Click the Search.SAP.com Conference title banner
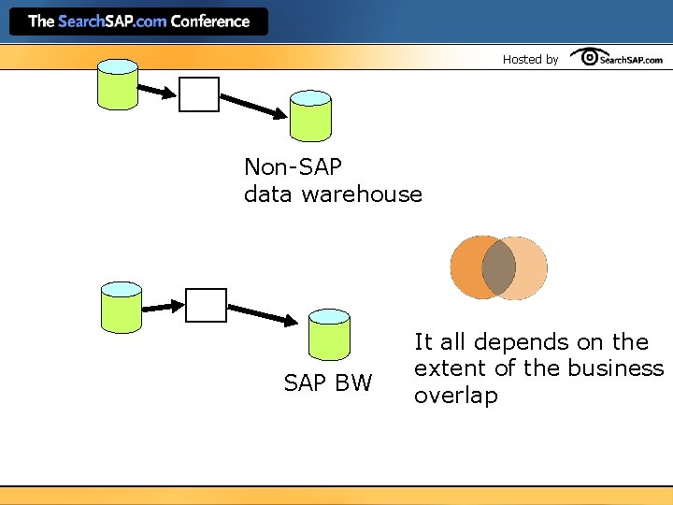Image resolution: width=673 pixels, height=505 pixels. pyautogui.click(x=138, y=21)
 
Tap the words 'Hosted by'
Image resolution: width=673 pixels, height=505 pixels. pyautogui.click(x=530, y=59)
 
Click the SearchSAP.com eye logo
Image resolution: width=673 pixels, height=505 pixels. pyautogui.click(x=617, y=58)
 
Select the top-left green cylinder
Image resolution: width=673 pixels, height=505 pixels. pyautogui.click(x=119, y=84)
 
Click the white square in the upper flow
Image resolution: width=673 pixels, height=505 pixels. pyautogui.click(x=199, y=94)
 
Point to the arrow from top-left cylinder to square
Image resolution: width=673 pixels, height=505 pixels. pyautogui.click(x=158, y=91)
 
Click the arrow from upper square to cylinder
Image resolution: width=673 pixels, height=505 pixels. pyautogui.click(x=253, y=106)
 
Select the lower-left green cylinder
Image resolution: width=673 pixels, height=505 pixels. pyautogui.click(x=121, y=306)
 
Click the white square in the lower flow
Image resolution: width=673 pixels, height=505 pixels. pyautogui.click(x=206, y=305)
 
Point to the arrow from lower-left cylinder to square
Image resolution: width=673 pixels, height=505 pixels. pyautogui.click(x=164, y=305)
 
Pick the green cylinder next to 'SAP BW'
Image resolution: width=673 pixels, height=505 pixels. pyautogui.click(x=329, y=334)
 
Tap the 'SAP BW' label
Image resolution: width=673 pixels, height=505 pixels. pyautogui.click(x=327, y=382)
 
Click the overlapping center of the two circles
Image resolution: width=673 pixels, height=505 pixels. pyautogui.click(x=498, y=267)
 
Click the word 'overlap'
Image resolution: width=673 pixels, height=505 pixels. pyautogui.click(x=456, y=396)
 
